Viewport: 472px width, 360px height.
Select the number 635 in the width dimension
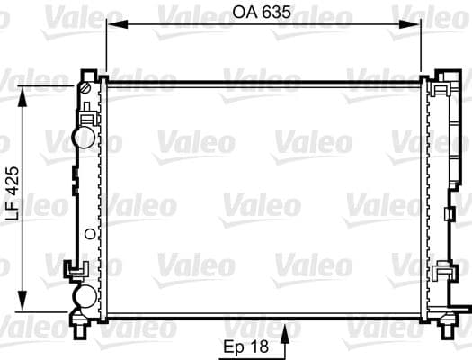pyautogui.click(x=276, y=13)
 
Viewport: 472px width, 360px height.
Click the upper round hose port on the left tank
pyautogui.click(x=84, y=137)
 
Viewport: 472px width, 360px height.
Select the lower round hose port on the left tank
pyautogui.click(x=84, y=296)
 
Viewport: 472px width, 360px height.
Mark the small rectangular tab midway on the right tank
pyautogui.click(x=446, y=215)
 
